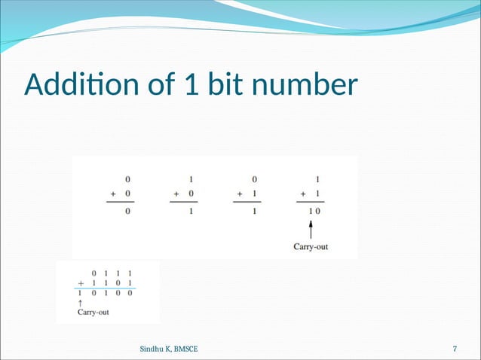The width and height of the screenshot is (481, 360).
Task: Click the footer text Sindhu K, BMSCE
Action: [170, 349]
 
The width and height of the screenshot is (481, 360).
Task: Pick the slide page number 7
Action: [455, 349]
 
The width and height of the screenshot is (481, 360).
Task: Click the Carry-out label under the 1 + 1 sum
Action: [311, 246]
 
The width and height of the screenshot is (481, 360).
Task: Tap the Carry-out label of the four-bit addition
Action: [93, 312]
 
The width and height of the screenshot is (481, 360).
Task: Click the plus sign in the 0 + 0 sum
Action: [114, 194]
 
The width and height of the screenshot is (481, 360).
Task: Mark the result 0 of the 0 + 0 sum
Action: [127, 212]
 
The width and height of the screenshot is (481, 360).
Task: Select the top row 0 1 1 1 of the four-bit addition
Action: [112, 272]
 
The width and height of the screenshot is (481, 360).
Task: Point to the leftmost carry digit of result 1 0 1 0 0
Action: [80, 293]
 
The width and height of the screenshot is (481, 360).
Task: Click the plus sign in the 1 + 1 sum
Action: [303, 194]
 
